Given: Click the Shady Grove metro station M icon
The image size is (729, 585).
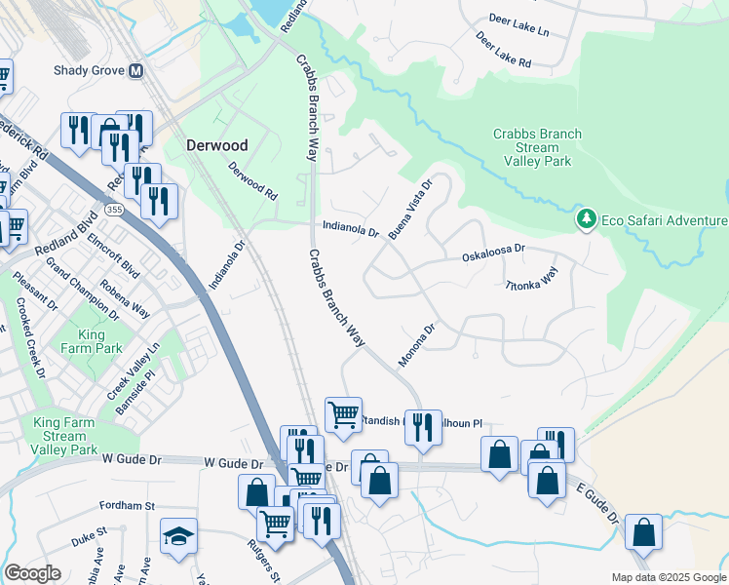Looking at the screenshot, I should (135, 71).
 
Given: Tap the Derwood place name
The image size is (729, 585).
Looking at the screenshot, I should (216, 145).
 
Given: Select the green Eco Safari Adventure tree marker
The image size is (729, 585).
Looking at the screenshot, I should (586, 220).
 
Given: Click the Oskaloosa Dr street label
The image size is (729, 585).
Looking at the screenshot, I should (492, 253).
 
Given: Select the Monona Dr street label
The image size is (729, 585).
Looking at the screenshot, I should (415, 346).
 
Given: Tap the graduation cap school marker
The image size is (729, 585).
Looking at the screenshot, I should (178, 536).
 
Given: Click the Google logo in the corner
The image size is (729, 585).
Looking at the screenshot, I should (32, 573).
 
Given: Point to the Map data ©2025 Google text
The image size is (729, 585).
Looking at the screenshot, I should (669, 577).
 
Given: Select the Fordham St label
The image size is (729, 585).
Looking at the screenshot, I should (127, 506).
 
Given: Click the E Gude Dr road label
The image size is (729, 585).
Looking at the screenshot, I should (596, 503).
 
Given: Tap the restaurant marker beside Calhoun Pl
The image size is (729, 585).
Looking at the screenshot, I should (422, 426).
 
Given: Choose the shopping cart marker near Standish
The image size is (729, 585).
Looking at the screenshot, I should (343, 414).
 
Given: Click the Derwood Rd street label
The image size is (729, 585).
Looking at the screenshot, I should (252, 181).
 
